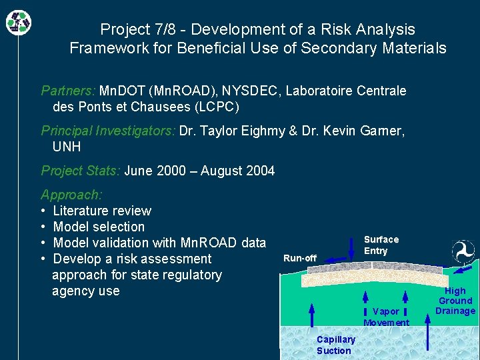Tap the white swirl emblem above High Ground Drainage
click(x=463, y=252)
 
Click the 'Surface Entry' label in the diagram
click(x=381, y=245)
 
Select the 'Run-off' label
click(x=300, y=258)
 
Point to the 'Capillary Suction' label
click(x=335, y=345)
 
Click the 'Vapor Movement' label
click(x=386, y=317)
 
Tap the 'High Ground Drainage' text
click(x=455, y=301)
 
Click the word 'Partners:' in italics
click(x=69, y=91)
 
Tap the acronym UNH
click(x=67, y=147)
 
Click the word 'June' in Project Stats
click(x=139, y=171)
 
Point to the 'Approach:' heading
click(x=71, y=195)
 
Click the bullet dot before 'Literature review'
click(x=43, y=211)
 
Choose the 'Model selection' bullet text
click(x=99, y=227)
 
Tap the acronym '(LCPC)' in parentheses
click(x=215, y=107)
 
